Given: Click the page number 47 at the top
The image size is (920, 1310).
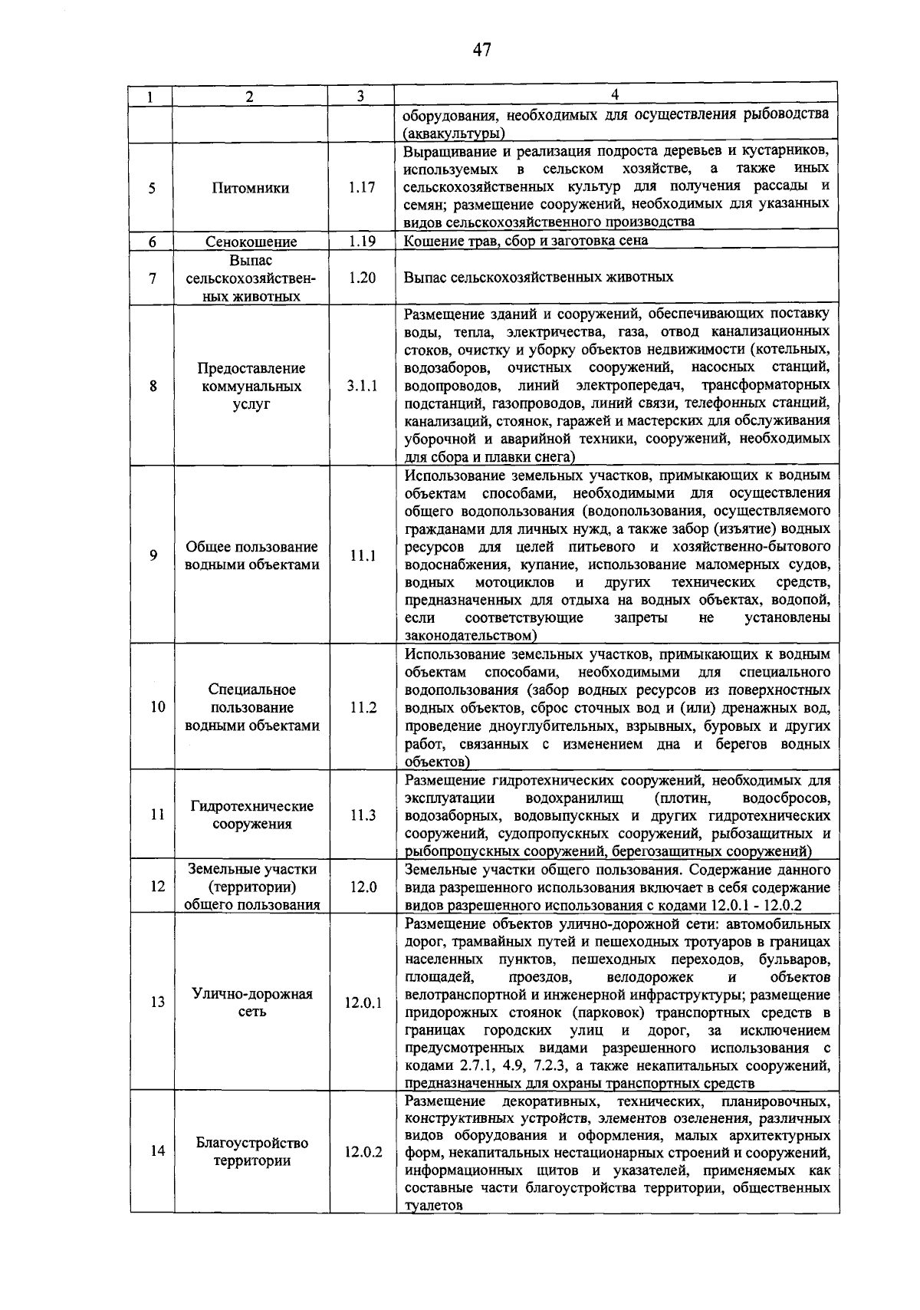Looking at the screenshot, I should (481, 51).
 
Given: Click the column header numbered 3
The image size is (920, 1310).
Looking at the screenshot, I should (360, 96).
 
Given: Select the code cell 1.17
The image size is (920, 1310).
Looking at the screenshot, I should (361, 187).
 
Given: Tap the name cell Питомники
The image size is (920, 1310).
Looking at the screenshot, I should (251, 187).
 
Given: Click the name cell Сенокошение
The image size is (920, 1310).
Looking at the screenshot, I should (251, 242).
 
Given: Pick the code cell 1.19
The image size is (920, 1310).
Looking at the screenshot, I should (361, 241).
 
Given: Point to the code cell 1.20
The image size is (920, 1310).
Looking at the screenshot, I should (361, 278).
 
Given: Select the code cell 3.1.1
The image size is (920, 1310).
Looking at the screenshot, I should (361, 387).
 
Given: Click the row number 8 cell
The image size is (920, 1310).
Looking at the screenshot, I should (153, 387).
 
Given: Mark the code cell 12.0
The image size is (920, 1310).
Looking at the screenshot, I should (363, 887).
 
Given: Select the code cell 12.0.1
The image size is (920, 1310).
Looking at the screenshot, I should (363, 1002).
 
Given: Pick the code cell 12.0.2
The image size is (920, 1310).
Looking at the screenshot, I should (363, 1151).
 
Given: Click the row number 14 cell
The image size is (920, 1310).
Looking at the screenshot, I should (157, 1151).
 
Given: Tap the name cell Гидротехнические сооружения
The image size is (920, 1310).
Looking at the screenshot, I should (251, 815).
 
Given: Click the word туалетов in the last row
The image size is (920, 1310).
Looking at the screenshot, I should (433, 1205).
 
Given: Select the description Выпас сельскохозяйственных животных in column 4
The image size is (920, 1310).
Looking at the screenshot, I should (538, 278).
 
